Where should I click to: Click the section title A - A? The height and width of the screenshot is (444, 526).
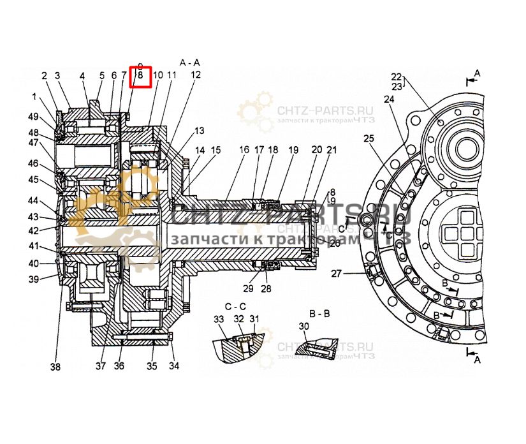tap(190, 63)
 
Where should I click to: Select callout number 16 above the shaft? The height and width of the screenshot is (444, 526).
tap(244, 150)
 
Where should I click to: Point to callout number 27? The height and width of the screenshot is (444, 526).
tap(336, 274)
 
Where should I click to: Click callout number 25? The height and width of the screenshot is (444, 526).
tap(369, 138)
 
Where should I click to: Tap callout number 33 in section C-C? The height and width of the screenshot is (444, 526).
tap(218, 319)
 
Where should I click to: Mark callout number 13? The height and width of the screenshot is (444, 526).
tap(200, 131)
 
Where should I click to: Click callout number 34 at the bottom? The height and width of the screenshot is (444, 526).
tap(174, 366)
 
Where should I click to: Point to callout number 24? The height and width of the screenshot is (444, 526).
tap(389, 100)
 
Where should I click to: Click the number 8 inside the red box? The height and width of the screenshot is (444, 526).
tap(140, 75)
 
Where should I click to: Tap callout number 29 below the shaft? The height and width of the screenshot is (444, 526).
tap(248, 289)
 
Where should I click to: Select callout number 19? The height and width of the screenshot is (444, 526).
tap(293, 150)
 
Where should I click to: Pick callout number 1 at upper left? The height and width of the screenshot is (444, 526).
tap(34, 97)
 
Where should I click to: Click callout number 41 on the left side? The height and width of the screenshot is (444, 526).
tap(33, 246)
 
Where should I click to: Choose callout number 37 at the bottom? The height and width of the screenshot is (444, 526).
tap(100, 366)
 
